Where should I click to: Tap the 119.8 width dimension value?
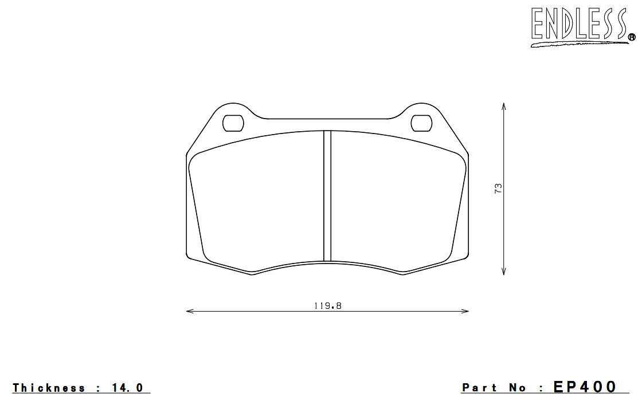pos(327,306)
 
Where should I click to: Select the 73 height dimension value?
pos(498,188)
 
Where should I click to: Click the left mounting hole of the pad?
pos(233,123)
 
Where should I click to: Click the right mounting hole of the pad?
pos(421,123)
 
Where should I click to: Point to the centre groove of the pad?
pos(327,195)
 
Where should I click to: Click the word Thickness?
pos(49,387)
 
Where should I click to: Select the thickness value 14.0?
pos(127,387)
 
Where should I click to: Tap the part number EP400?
pos(585,387)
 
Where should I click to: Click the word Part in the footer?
pos(479,387)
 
